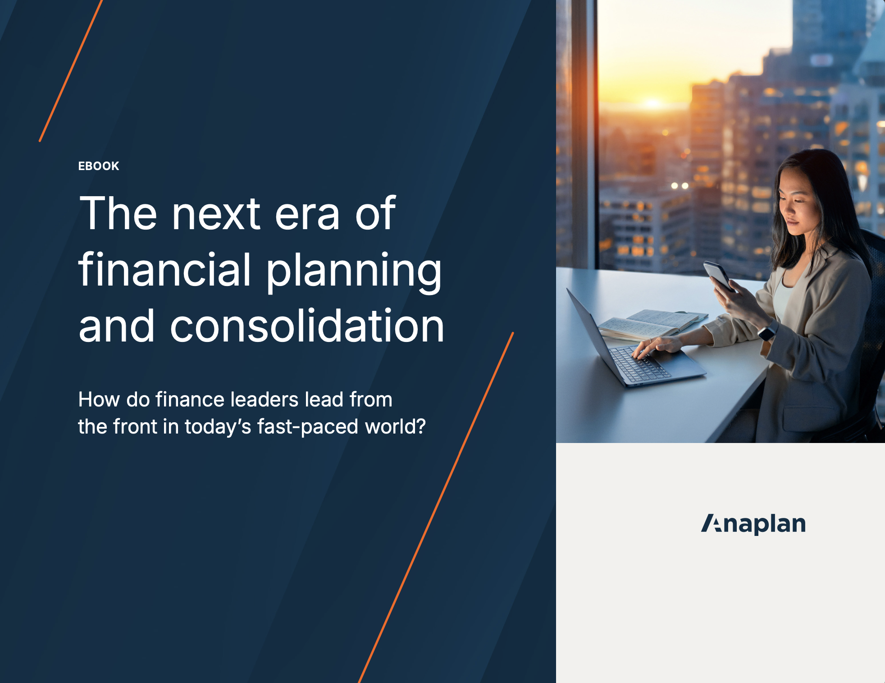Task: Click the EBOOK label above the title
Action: [x=99, y=166]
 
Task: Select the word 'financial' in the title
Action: [x=164, y=269]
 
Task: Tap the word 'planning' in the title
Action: [x=354, y=272]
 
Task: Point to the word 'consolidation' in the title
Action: [x=307, y=325]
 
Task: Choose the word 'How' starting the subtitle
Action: [x=99, y=399]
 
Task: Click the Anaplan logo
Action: [x=753, y=524]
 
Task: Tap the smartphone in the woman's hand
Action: [x=718, y=275]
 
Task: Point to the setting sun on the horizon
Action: [x=652, y=103]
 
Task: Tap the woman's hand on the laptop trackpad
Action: [x=657, y=346]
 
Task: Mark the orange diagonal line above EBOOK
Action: [x=71, y=71]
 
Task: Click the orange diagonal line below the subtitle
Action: [x=436, y=508]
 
